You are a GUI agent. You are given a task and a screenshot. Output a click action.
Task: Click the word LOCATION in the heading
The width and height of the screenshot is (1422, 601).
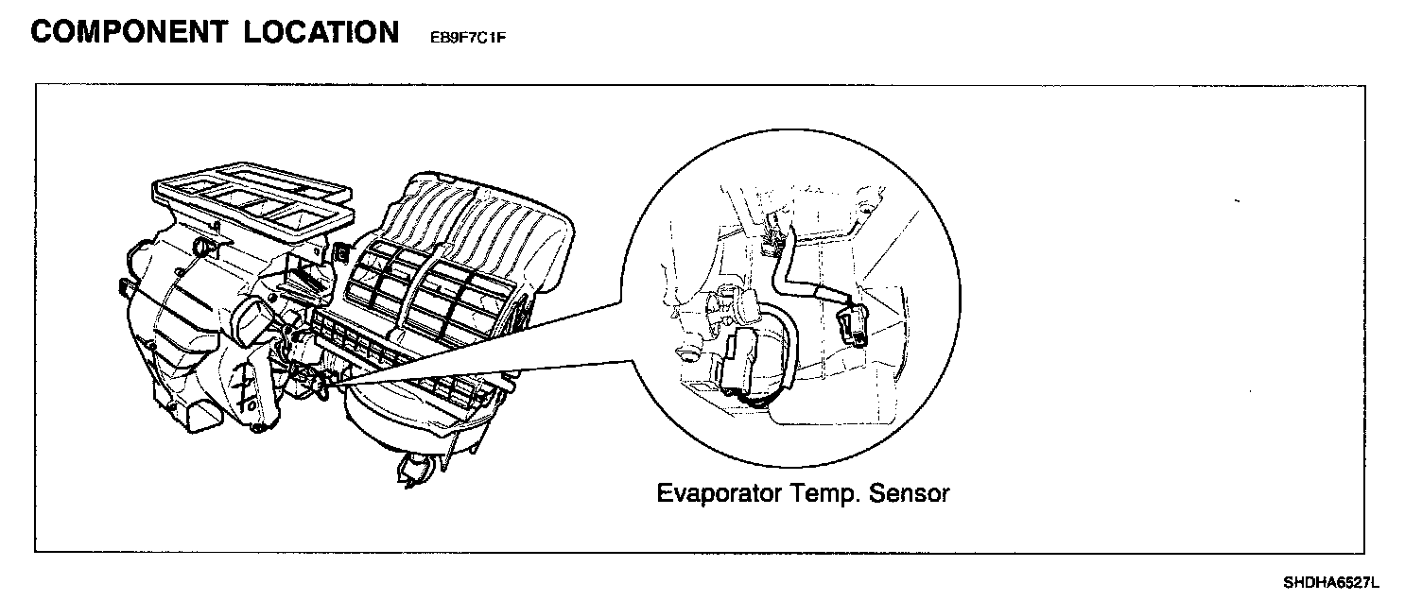[x=321, y=32]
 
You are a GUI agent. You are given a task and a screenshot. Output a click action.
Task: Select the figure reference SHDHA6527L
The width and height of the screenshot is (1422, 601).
[x=1331, y=580]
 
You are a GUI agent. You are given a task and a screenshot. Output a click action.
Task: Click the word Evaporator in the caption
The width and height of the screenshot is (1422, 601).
[x=720, y=493]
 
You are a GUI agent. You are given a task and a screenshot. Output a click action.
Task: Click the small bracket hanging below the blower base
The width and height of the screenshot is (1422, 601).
[x=416, y=468]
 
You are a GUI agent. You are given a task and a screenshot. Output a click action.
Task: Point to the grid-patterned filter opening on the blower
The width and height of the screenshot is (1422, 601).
[x=416, y=283]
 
